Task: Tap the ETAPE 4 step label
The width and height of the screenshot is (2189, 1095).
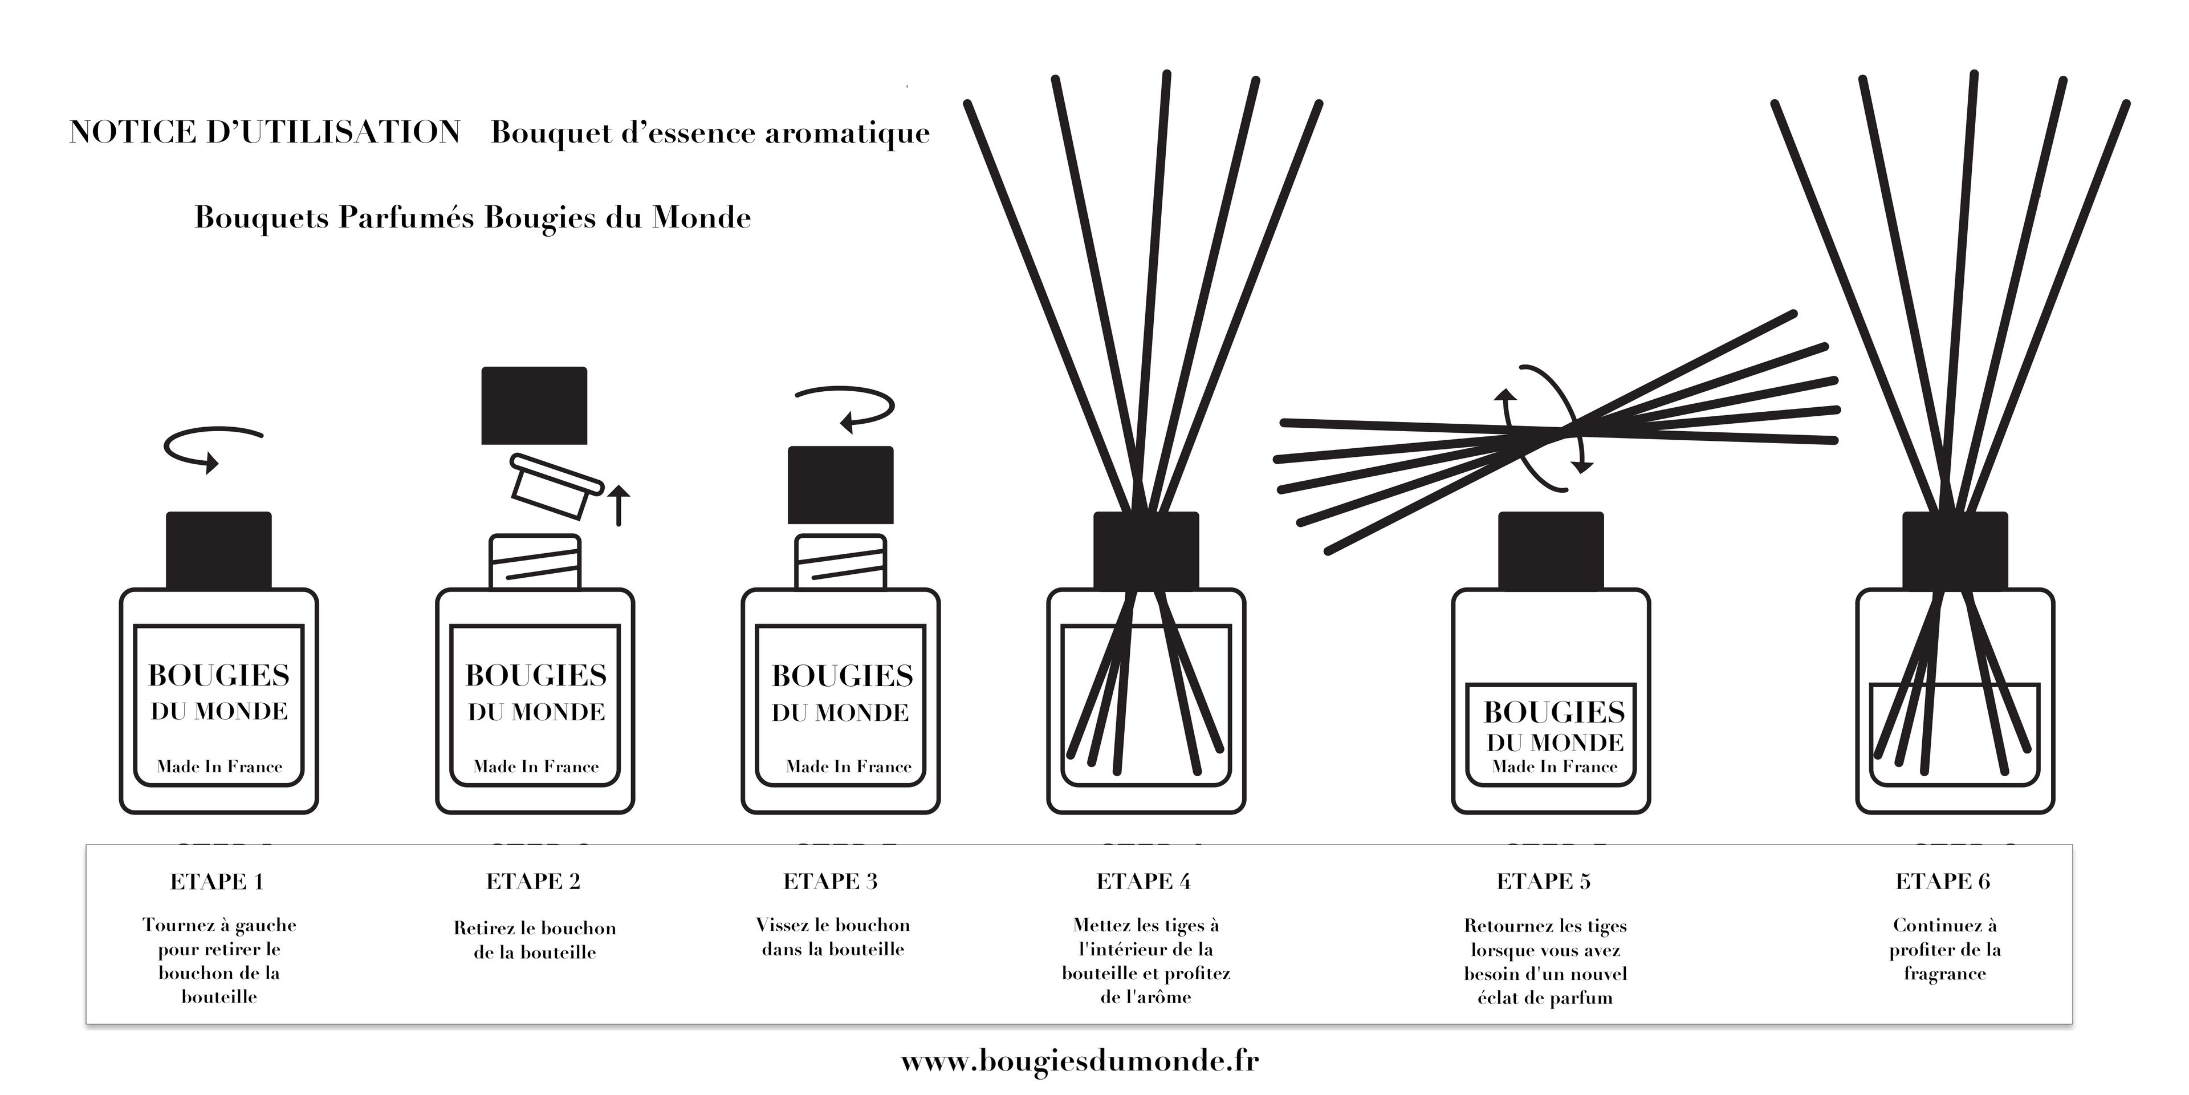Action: pos(1144,882)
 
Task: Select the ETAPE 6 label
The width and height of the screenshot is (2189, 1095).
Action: pos(1943,882)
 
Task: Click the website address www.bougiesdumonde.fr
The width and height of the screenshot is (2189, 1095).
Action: pos(1079,1061)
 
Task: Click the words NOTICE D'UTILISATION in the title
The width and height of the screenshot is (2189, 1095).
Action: pos(265,133)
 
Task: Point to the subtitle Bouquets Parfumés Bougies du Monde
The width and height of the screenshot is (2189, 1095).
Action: pos(473,218)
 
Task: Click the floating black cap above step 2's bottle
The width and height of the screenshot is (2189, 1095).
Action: pos(534,405)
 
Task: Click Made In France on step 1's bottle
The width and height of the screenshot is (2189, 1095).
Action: pos(219,767)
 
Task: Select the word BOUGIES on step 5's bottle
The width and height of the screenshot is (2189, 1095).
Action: pos(1554,712)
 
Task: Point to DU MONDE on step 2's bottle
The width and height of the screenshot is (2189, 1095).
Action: pos(536,712)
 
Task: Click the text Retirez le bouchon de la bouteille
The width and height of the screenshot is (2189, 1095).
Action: pos(535,940)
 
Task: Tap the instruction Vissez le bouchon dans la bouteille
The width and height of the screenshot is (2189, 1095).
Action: pos(833,937)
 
